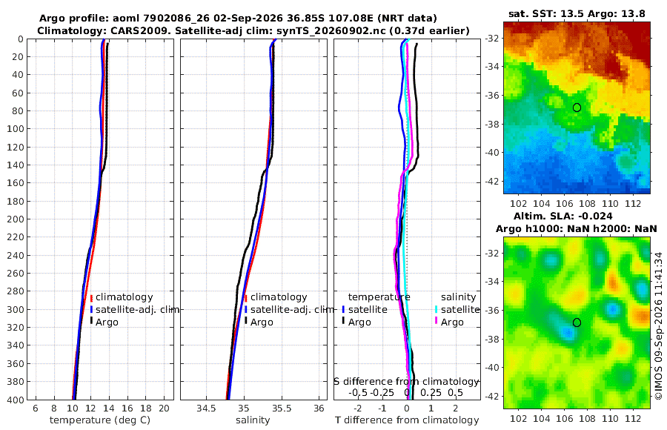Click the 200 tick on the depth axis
pos(15,219)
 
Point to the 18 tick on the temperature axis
pos(146,408)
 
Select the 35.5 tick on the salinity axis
pos(282,408)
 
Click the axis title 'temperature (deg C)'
pos(100,420)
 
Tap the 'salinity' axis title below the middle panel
pos(253,420)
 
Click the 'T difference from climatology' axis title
pos(407,420)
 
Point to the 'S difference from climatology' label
pos(406,382)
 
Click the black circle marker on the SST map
pos(577,107)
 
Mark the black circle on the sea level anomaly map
pos(577,322)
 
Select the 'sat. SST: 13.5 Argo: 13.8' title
pos(577,13)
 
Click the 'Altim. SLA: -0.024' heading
pos(563,216)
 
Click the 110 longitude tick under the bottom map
pos(610,418)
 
